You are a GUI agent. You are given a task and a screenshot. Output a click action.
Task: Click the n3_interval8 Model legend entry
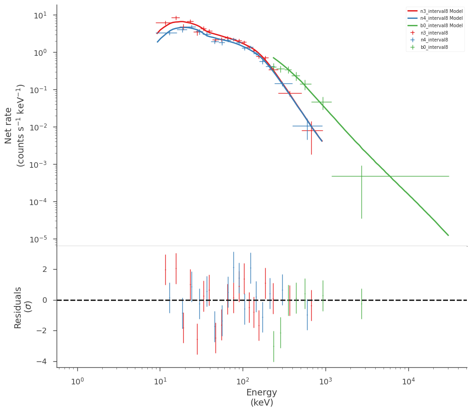pos(435,11)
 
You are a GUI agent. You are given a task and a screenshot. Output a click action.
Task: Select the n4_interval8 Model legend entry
pos(435,18)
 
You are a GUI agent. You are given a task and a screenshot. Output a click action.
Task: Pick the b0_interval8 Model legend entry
pos(435,25)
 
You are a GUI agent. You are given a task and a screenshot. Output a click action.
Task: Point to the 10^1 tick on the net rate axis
pos(41,15)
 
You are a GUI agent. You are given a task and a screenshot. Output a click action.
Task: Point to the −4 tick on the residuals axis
pos(42,361)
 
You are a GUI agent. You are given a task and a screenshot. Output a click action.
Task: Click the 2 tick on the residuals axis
pos(45,269)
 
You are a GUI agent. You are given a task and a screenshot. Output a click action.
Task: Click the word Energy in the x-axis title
pos(262,393)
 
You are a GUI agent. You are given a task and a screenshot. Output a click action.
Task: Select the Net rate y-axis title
pos(8,126)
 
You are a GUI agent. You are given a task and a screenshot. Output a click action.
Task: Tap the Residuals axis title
pos(17,308)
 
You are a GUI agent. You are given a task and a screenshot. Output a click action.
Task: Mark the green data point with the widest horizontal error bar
pos(361,176)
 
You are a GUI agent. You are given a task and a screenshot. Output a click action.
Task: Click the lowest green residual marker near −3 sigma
pos(273,347)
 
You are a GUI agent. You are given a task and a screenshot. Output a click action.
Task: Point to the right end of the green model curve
pos(448,235)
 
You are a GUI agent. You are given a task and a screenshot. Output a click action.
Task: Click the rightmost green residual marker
pos(361,304)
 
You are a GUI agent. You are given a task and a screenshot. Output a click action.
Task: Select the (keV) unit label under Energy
pos(262,403)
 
